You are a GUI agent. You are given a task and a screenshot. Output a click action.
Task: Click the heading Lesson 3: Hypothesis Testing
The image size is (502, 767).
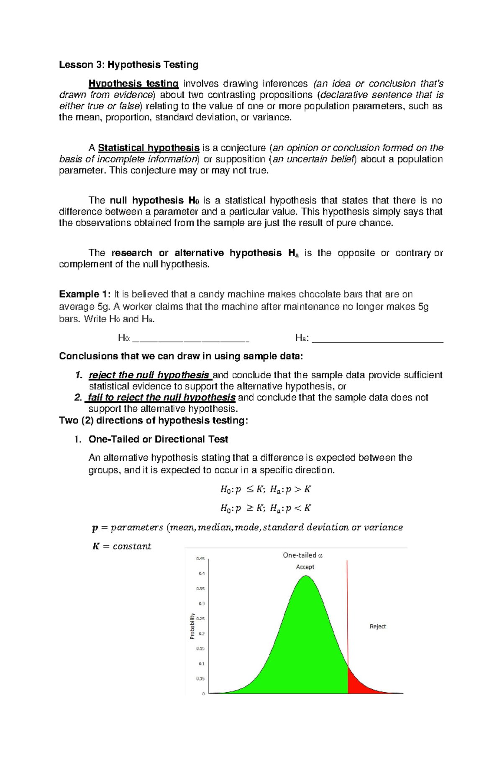click(128, 65)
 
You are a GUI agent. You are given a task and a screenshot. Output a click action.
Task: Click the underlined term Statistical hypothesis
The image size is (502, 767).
click(149, 148)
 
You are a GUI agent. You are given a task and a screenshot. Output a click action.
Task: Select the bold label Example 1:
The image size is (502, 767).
click(85, 294)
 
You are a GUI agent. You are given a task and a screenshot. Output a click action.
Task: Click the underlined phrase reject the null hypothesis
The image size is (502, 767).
click(149, 375)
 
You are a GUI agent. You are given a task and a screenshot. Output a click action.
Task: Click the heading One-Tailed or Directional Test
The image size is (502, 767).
click(158, 439)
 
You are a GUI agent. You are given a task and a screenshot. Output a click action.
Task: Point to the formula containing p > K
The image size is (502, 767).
click(266, 489)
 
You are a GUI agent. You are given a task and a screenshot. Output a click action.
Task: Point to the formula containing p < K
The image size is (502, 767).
click(266, 508)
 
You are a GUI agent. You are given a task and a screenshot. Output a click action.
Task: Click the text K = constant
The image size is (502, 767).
click(121, 546)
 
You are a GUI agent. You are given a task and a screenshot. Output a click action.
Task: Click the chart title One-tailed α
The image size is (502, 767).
click(302, 556)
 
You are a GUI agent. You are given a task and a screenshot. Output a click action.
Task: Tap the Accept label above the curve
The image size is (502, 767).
click(305, 567)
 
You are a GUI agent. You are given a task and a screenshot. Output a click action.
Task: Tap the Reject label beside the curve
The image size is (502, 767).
click(377, 627)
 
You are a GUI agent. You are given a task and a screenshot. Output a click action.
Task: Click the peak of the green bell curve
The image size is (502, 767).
click(306, 577)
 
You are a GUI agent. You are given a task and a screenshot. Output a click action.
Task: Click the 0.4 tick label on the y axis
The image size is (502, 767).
click(202, 574)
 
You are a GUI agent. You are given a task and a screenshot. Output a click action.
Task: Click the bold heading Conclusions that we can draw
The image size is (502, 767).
click(180, 357)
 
